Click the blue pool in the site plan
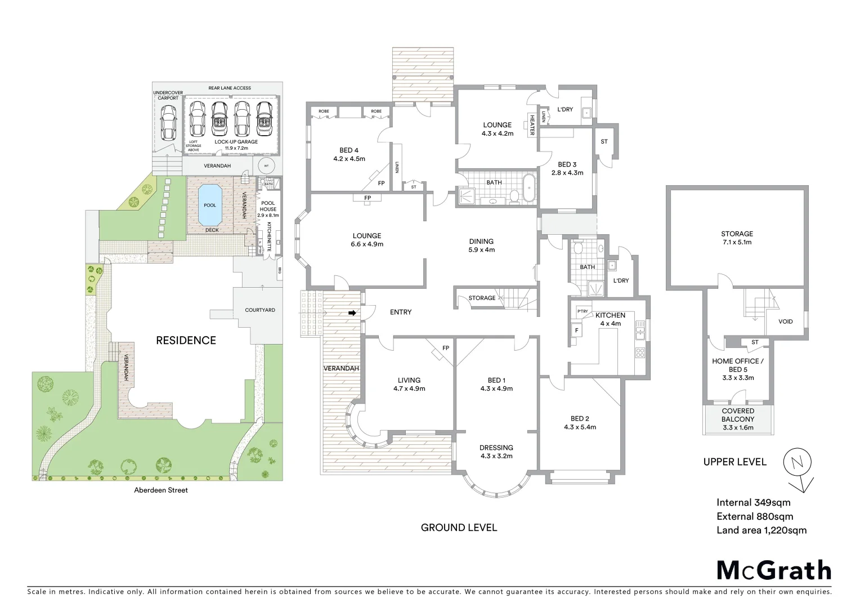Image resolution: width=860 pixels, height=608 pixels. [210, 204]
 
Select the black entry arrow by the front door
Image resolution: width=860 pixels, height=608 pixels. [353, 313]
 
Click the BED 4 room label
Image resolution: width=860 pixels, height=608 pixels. [349, 154]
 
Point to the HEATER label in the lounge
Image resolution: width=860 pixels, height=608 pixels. [531, 125]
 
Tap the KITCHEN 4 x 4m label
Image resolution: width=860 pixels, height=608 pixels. [610, 319]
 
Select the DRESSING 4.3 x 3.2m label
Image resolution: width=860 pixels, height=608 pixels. [496, 451]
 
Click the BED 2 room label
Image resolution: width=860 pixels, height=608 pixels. [580, 422]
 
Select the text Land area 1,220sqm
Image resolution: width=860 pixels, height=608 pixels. [761, 530]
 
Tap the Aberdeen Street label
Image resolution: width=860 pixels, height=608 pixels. [161, 490]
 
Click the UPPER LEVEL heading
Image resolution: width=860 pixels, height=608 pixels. [734, 462]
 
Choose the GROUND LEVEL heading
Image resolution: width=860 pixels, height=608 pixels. [459, 527]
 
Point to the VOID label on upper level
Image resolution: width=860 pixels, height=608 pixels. [785, 321]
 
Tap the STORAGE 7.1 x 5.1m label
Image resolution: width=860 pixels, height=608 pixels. [737, 238]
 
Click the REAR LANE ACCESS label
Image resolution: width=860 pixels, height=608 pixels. [230, 88]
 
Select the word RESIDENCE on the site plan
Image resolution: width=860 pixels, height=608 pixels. [186, 340]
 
